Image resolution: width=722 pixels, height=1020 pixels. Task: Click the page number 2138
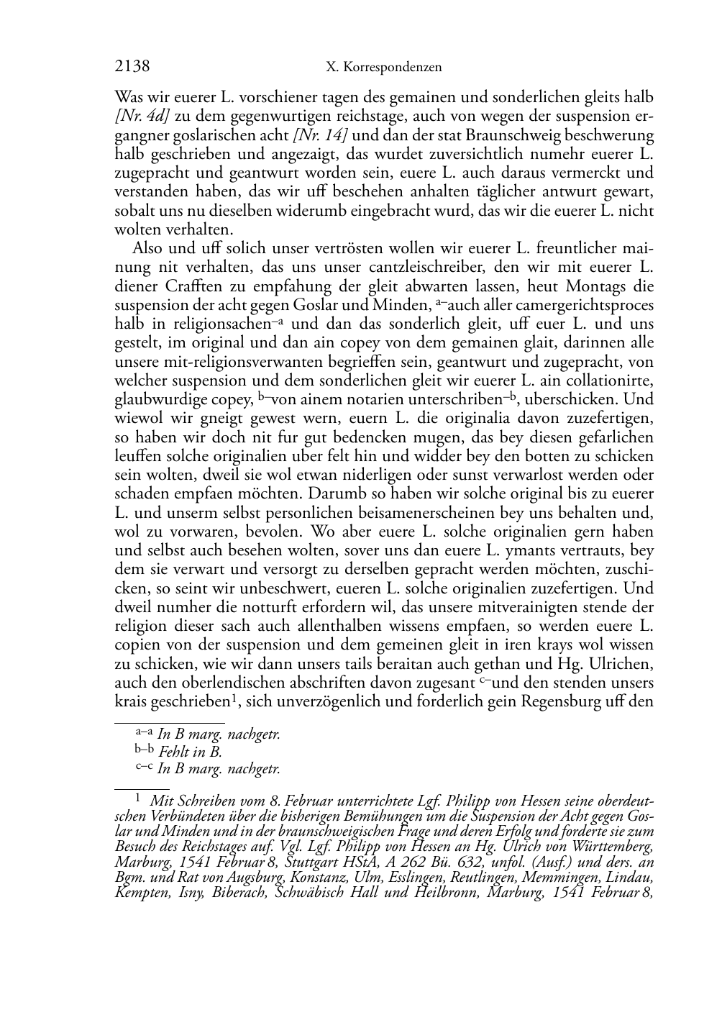click(132, 67)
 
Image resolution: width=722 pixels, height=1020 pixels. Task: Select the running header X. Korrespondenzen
click(383, 68)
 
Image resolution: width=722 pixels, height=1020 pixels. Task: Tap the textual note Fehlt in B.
click(191, 752)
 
